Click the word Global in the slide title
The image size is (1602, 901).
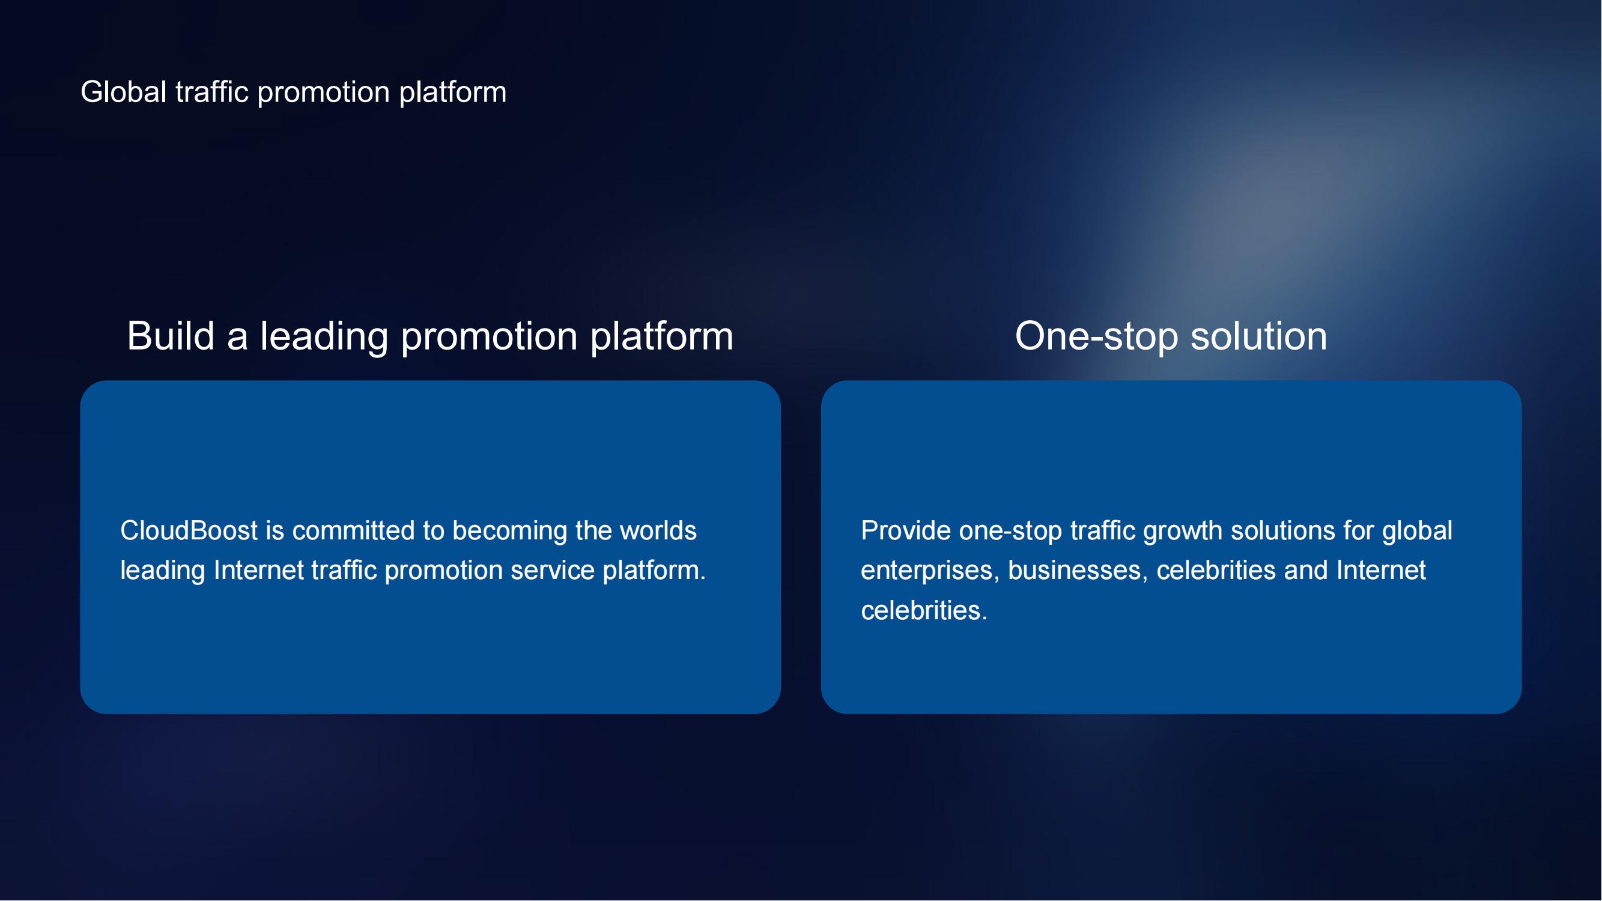pos(124,92)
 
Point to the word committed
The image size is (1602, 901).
pos(353,530)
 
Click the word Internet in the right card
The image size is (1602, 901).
pos(1381,570)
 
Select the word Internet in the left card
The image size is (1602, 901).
pos(259,570)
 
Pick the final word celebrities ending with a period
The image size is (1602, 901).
pos(924,611)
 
